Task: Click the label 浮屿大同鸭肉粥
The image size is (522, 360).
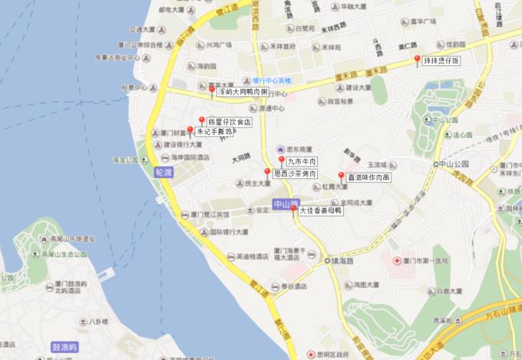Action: tap(243, 91)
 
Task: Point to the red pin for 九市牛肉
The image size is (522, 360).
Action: tap(282, 160)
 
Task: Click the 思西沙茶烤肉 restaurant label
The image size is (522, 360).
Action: tap(295, 173)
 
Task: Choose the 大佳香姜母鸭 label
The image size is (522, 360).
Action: tap(320, 210)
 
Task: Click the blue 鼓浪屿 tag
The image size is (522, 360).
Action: tap(64, 347)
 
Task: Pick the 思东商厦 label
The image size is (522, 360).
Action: tap(295, 148)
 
